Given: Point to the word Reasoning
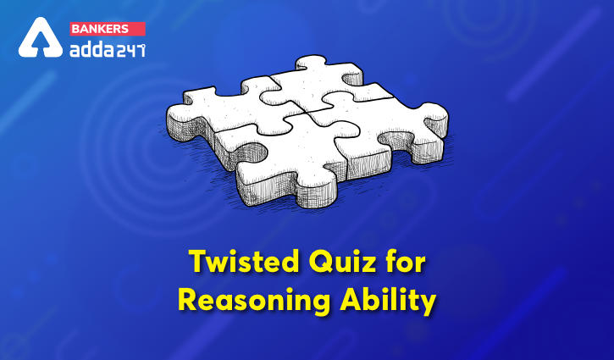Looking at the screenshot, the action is click(254, 302).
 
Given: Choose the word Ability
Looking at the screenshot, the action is click(388, 302).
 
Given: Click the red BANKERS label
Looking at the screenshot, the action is click(108, 29).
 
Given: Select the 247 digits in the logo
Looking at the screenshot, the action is click(130, 50).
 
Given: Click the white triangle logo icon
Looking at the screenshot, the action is click(41, 37).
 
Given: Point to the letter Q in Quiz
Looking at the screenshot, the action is click(319, 263).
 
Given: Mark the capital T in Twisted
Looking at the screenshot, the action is click(198, 262).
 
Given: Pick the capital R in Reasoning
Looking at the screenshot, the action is click(188, 300).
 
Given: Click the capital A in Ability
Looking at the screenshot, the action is click(351, 300).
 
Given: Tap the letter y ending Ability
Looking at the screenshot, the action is click(428, 305).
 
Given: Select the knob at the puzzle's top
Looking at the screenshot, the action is click(311, 63).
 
